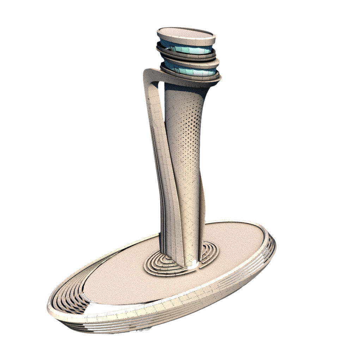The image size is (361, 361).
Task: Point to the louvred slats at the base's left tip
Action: pos(69,300)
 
